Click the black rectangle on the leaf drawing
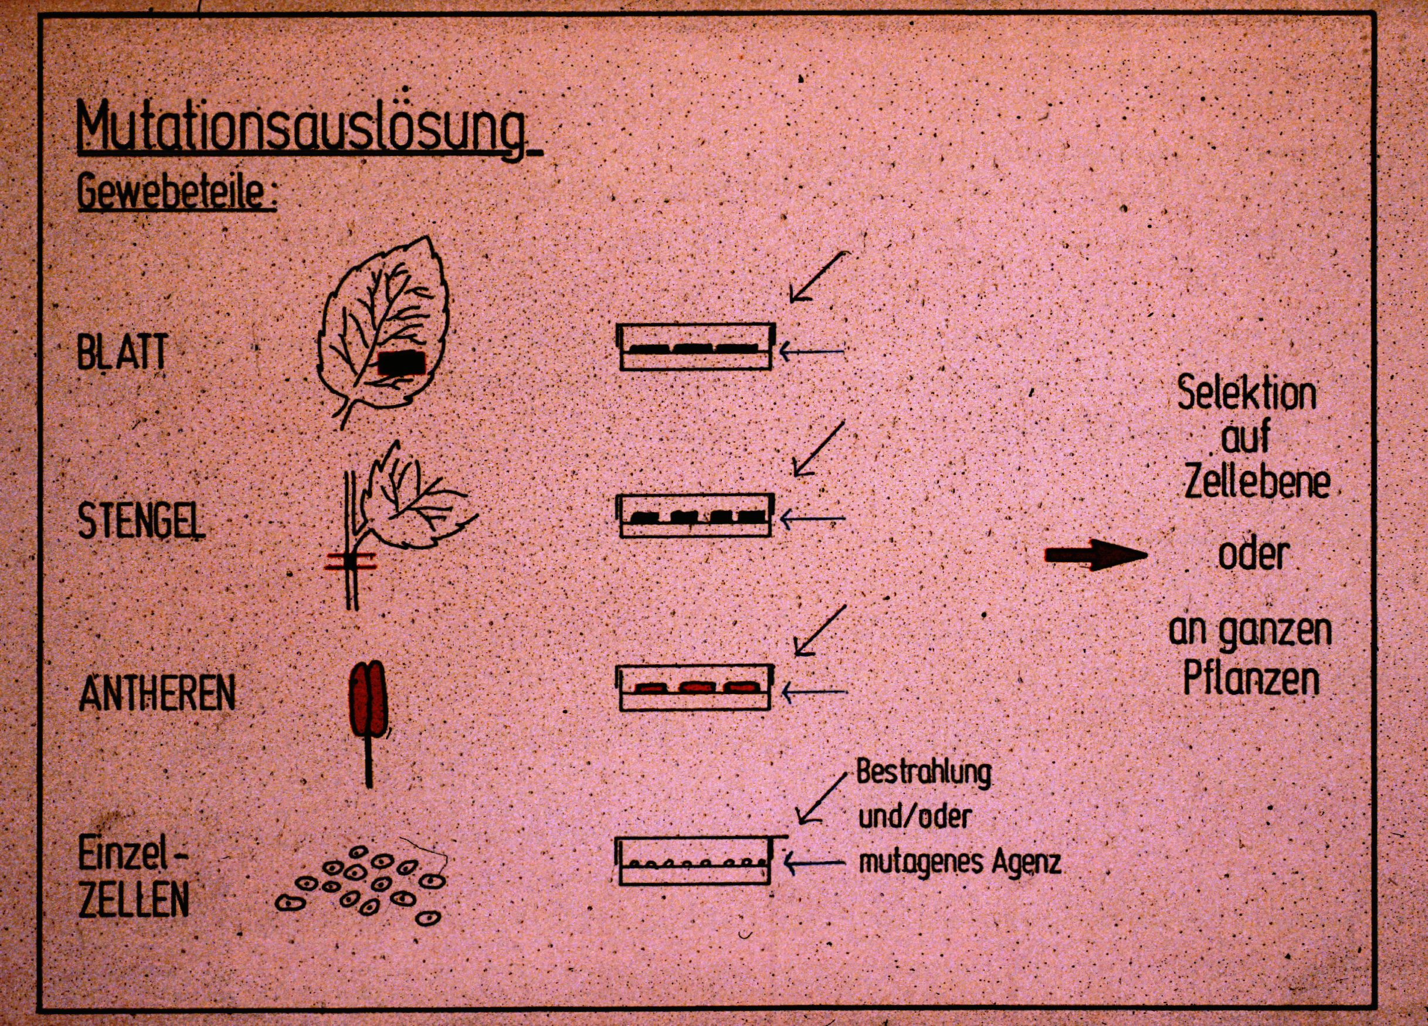point(402,362)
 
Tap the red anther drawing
point(367,698)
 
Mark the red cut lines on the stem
point(351,561)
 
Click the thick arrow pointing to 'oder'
point(1096,555)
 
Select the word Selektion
point(1247,393)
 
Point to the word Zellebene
point(1257,482)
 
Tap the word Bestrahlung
point(924,772)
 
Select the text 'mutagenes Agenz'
point(960,862)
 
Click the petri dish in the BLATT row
point(695,346)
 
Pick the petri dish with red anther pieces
point(696,688)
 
